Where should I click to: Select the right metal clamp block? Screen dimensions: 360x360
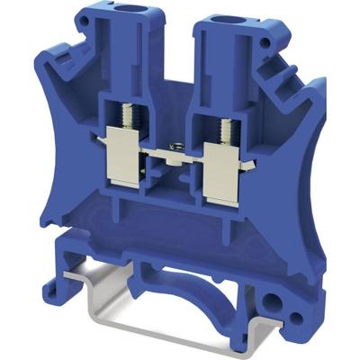click(220, 171)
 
